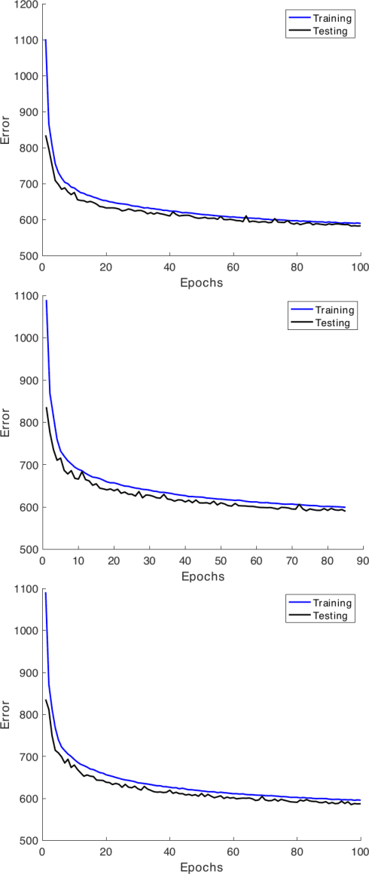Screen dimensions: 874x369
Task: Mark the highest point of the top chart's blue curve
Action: point(45,40)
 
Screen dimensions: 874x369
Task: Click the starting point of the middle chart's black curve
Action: point(46,408)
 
